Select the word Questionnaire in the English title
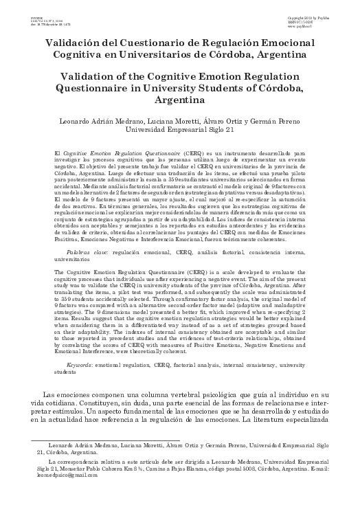click(96, 87)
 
